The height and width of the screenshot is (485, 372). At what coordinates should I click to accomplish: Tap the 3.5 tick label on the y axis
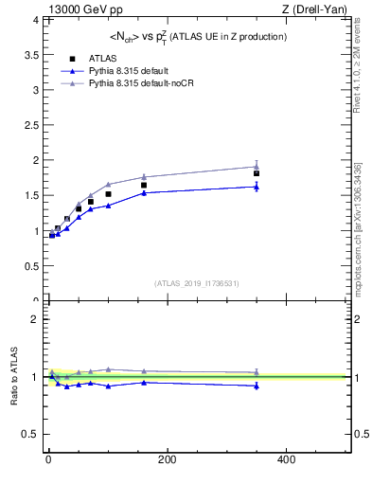point(29,55)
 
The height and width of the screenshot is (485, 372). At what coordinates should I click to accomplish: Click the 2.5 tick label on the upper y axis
point(29,125)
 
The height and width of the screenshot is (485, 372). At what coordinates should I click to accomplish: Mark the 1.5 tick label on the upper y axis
point(29,195)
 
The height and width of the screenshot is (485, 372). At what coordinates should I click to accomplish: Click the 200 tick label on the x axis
point(167,459)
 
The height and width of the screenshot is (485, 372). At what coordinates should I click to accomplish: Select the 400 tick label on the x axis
point(285,459)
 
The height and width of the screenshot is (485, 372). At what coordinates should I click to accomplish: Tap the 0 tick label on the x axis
point(48,459)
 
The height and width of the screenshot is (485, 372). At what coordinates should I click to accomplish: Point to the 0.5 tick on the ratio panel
point(29,435)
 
